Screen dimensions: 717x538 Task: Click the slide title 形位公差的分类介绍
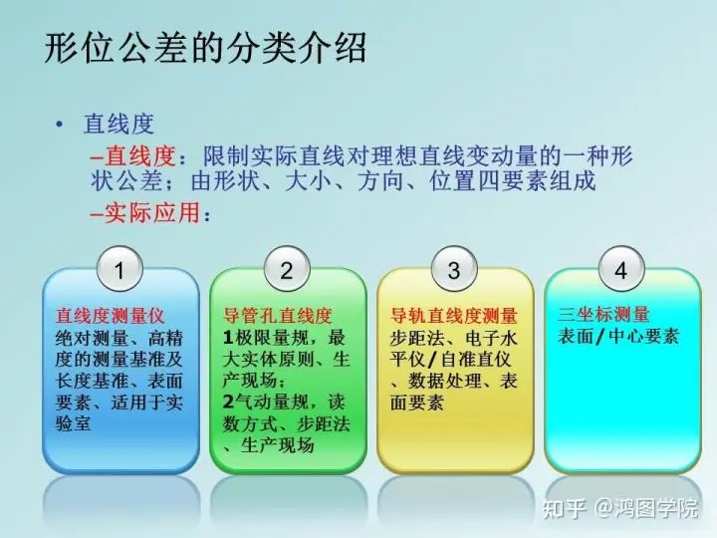205,47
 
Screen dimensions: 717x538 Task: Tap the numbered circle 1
120,269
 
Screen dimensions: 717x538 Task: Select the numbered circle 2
287,269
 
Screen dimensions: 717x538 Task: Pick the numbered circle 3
454,269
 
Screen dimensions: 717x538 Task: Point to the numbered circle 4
621,269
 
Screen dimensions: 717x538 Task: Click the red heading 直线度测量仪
110,316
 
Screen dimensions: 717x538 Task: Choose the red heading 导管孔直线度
277,316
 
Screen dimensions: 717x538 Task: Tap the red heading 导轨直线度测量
454,316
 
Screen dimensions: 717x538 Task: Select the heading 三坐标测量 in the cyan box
603,314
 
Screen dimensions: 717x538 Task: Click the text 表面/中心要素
618,337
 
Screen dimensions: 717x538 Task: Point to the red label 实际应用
152,213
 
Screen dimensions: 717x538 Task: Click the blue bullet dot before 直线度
59,124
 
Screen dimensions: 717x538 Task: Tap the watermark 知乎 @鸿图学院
620,508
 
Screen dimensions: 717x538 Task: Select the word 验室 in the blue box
73,423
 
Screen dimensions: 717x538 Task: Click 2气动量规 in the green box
265,402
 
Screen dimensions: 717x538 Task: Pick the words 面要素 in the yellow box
417,403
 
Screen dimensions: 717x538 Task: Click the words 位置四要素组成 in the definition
513,180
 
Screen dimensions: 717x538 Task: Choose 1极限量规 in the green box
265,338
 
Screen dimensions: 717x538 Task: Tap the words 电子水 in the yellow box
491,338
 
